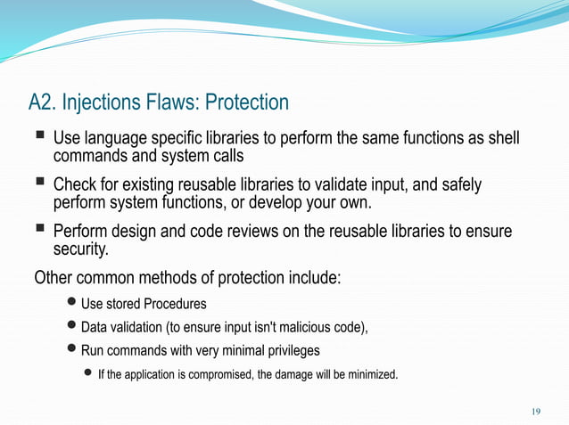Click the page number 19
pyautogui.click(x=536, y=411)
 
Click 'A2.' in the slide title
pyautogui.click(x=44, y=102)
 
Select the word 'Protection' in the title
pyautogui.click(x=247, y=102)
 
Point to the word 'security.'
pyautogui.click(x=82, y=249)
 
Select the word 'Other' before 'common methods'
pyautogui.click(x=54, y=277)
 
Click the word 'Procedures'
pyautogui.click(x=174, y=305)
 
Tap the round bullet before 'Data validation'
pyautogui.click(x=72, y=327)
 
